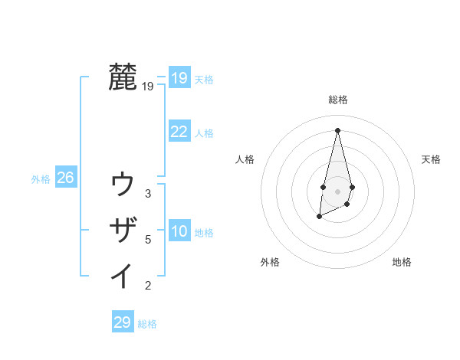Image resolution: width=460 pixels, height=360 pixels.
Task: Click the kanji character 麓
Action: [x=123, y=78]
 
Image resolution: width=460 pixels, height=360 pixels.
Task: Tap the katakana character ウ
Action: [x=123, y=185]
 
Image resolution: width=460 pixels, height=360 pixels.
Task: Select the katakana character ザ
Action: [x=123, y=230]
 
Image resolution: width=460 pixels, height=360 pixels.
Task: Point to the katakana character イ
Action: [x=123, y=275]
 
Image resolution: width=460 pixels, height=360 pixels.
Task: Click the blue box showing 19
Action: [x=179, y=78]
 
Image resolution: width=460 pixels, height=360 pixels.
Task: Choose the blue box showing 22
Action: [x=179, y=132]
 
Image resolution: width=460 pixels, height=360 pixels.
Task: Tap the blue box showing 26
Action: [x=65, y=178]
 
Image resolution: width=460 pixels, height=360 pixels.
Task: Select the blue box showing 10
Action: [x=179, y=231]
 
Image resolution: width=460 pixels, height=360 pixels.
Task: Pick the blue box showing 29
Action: [x=123, y=322]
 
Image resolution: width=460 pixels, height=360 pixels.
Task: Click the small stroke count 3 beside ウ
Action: [x=148, y=194]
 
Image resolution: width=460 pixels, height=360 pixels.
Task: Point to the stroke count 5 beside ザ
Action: [x=148, y=240]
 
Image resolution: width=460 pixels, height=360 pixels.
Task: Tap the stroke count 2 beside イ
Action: [x=148, y=286]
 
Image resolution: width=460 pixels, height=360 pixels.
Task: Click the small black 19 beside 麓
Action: [x=148, y=87]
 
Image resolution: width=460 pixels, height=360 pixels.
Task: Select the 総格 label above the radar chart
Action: [x=338, y=100]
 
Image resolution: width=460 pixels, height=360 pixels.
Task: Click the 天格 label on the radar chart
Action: [x=431, y=159]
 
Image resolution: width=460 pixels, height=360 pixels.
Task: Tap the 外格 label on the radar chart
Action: [x=270, y=262]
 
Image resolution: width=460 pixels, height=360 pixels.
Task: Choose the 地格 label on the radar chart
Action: [x=402, y=262]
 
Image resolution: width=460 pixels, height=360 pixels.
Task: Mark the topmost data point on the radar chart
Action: [x=337, y=129]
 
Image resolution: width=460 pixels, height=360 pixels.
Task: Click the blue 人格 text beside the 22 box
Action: [x=204, y=133]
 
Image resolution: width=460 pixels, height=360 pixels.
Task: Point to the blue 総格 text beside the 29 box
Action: [x=147, y=324]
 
